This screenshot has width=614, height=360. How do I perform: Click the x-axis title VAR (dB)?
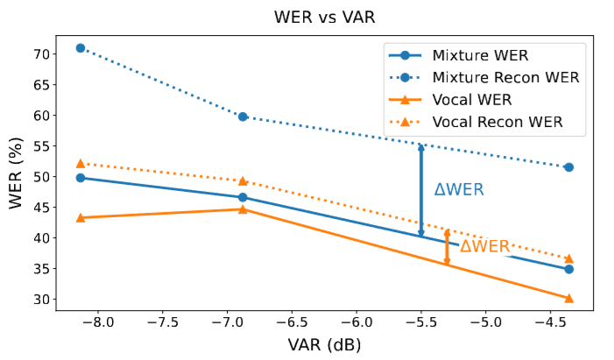click(x=324, y=344)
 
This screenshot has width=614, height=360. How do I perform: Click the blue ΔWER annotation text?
click(x=459, y=190)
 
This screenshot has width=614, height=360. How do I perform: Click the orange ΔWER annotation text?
click(x=484, y=247)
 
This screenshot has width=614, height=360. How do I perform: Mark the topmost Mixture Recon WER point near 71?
click(x=81, y=48)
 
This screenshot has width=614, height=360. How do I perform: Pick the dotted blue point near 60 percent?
click(x=243, y=116)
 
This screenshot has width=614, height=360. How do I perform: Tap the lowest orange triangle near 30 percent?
click(x=568, y=298)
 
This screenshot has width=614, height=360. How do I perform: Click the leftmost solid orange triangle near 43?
click(x=81, y=217)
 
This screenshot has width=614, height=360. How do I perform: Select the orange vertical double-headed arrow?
click(x=447, y=247)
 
